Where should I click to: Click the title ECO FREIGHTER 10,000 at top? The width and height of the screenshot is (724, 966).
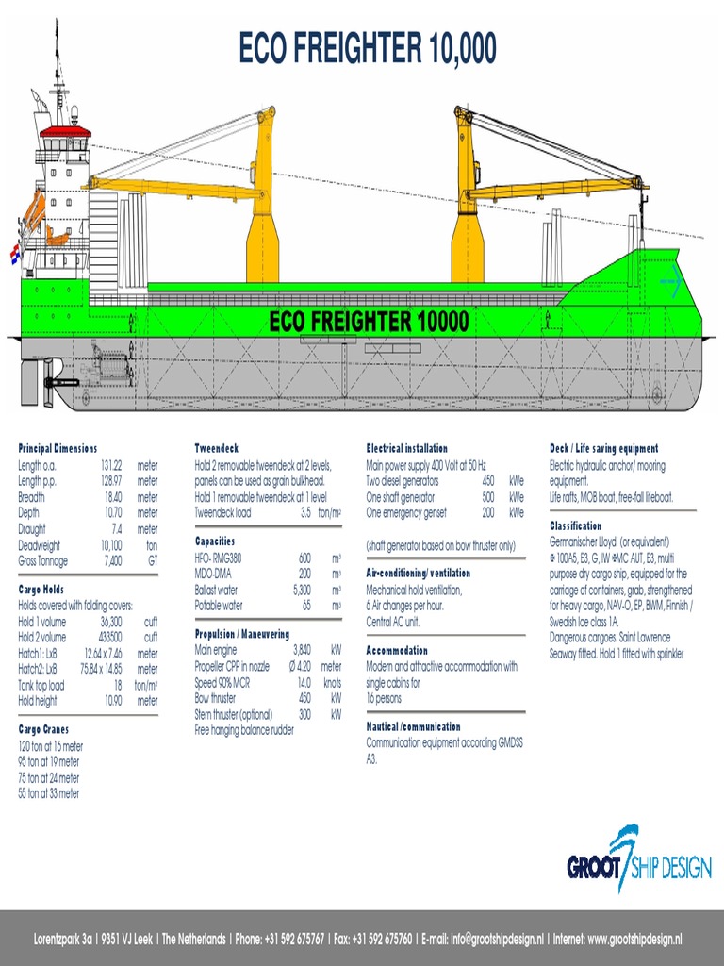tap(368, 48)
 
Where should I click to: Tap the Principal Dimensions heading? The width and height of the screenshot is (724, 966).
tap(58, 448)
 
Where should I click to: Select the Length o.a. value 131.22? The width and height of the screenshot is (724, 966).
tap(111, 466)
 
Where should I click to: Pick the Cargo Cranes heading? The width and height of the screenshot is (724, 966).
tap(43, 729)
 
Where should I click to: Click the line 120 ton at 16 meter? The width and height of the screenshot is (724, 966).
tap(50, 745)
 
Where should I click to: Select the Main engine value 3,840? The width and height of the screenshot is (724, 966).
tap(302, 650)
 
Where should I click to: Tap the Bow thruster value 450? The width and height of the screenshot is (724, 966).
tap(304, 698)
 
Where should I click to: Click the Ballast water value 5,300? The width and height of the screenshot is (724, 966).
tap(301, 589)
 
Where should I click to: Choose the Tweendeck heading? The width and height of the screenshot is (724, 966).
tap(217, 448)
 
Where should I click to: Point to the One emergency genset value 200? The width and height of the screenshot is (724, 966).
tap(487, 513)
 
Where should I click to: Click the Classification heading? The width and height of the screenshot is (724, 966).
tap(575, 525)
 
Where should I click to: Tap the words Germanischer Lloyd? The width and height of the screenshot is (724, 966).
tap(584, 542)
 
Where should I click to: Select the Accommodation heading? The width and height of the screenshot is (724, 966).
tap(397, 650)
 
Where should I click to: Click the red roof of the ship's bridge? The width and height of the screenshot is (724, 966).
tap(65, 131)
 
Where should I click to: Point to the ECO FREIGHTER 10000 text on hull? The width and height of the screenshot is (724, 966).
tap(368, 323)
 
